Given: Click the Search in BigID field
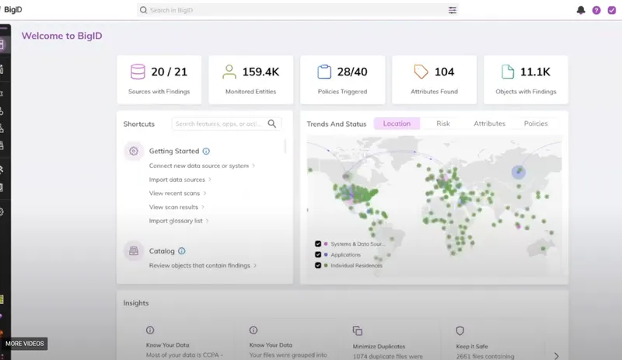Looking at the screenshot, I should [x=295, y=10].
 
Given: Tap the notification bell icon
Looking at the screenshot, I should [x=581, y=10].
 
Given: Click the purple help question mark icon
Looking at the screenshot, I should [x=596, y=10].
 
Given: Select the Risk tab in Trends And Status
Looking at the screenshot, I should [x=443, y=124].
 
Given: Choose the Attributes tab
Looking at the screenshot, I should [x=489, y=124].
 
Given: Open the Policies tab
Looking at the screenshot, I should [x=536, y=124].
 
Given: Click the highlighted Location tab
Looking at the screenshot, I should [x=397, y=124].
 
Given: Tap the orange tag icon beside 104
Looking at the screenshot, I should [x=421, y=72].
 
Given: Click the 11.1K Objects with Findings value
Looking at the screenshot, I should [x=535, y=72].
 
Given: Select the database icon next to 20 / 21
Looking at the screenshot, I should [x=138, y=72].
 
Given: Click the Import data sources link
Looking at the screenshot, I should [x=178, y=180].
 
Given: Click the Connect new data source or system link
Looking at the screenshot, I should [x=199, y=166].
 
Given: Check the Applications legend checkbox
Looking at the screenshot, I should [x=318, y=254].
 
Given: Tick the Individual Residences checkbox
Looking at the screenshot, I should [x=318, y=265].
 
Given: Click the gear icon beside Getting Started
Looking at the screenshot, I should [x=134, y=152].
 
